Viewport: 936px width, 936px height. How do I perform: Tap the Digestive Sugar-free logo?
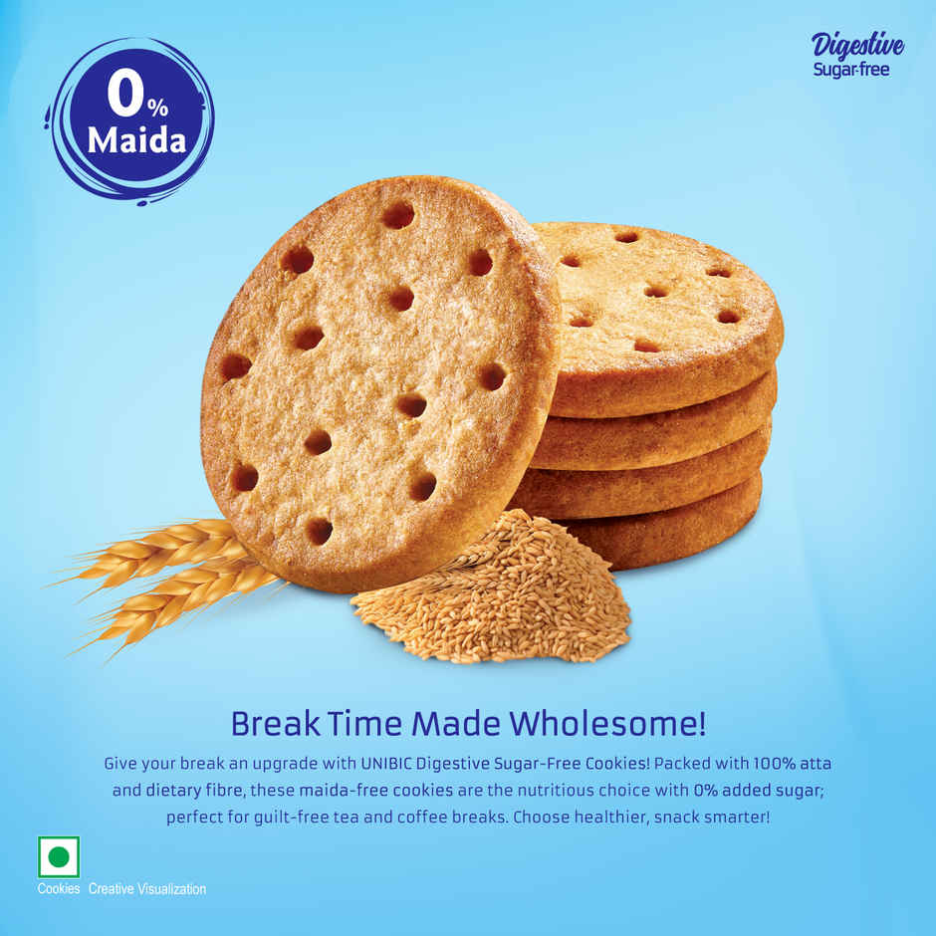(857, 55)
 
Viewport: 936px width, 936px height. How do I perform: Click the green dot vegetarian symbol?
(59, 856)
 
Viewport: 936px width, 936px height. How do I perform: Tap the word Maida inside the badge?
(136, 140)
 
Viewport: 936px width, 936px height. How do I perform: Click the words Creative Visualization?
(147, 888)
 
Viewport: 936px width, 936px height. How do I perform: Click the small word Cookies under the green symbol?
(59, 888)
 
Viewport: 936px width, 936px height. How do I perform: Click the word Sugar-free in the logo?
(851, 70)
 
